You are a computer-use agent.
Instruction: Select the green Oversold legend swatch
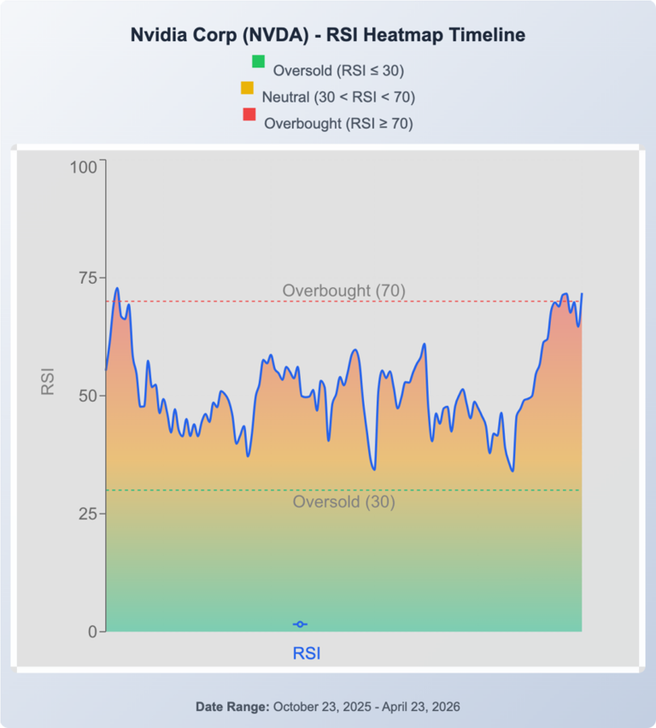pos(258,62)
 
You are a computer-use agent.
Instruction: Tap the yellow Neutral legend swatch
pos(247,88)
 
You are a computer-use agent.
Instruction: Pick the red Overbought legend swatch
pos(249,114)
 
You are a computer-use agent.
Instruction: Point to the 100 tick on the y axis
pos(85,167)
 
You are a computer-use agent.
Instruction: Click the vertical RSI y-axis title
pos(48,381)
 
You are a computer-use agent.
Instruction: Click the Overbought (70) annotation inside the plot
pos(343,291)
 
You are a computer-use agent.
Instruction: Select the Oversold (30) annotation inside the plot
pos(343,502)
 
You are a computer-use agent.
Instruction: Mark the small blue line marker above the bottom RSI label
pos(300,625)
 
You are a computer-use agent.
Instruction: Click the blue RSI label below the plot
pos(307,654)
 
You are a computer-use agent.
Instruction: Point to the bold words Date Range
pos(232,707)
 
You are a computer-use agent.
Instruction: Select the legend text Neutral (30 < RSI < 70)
pos(338,97)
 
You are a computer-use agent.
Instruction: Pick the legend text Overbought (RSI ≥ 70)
pos(338,123)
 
